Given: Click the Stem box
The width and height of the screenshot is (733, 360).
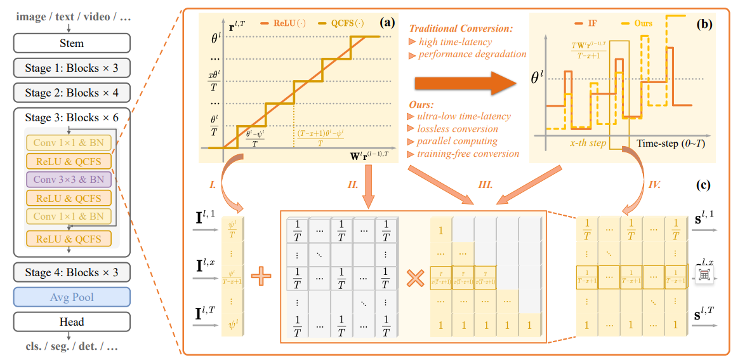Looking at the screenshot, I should click(72, 43).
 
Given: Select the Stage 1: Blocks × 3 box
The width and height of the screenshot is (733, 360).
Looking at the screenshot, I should click(72, 68).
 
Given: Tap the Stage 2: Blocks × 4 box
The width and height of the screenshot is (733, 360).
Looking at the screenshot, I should click(72, 93).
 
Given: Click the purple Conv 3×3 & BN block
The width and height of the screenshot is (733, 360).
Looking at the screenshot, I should click(69, 179).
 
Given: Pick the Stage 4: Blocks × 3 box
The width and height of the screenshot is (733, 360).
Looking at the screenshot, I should click(72, 272).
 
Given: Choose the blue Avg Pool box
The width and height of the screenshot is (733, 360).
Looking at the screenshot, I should click(72, 297).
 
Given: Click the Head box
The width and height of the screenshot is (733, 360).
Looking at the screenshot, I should click(72, 322).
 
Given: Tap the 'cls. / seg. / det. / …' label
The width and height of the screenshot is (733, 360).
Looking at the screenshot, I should click(72, 347).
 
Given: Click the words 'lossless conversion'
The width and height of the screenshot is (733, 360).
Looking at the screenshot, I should click(457, 129).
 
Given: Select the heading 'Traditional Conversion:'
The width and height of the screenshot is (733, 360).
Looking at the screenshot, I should click(461, 29).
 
